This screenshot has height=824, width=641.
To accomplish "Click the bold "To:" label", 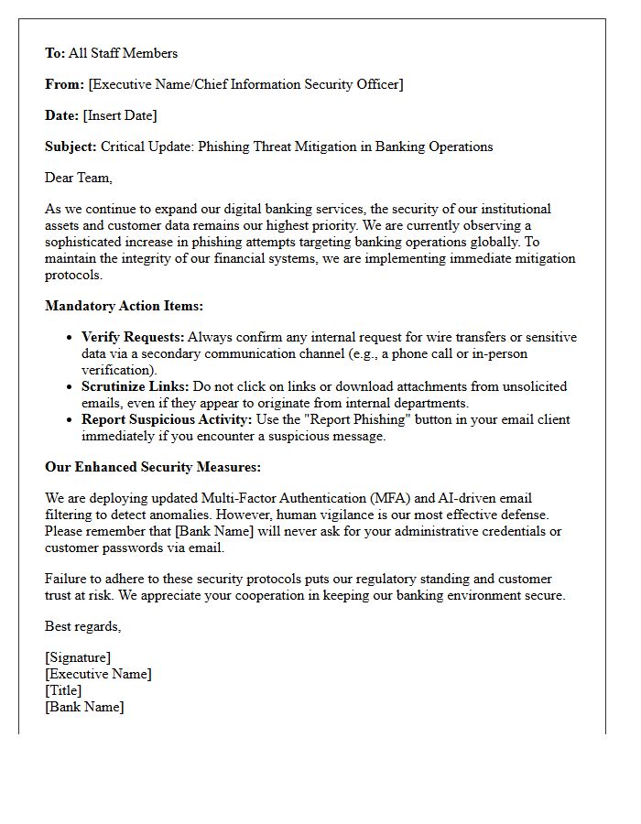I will tap(55, 53).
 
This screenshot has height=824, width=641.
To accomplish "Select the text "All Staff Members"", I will tap(123, 53).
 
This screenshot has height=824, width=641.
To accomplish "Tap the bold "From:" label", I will tap(64, 84).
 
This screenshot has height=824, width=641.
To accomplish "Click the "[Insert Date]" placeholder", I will tap(120, 115).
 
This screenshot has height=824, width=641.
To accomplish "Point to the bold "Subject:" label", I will tap(71, 146).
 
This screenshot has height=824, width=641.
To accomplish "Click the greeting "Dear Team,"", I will tap(79, 178).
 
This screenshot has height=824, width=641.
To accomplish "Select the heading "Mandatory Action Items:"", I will tap(124, 306).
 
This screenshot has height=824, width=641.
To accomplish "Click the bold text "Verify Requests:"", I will tap(132, 337).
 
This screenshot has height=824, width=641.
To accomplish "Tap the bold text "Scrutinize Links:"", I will tap(135, 386).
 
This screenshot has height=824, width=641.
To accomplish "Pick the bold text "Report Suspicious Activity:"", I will tap(165, 419).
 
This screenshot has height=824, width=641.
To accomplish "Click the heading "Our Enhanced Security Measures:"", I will tap(153, 467).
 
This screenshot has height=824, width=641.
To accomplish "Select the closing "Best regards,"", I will tap(82, 626).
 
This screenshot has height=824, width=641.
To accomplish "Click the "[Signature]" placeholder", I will tap(78, 657).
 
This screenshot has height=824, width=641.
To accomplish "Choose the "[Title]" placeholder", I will tap(63, 690).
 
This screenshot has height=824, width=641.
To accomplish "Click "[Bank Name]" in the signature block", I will tap(84, 707).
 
